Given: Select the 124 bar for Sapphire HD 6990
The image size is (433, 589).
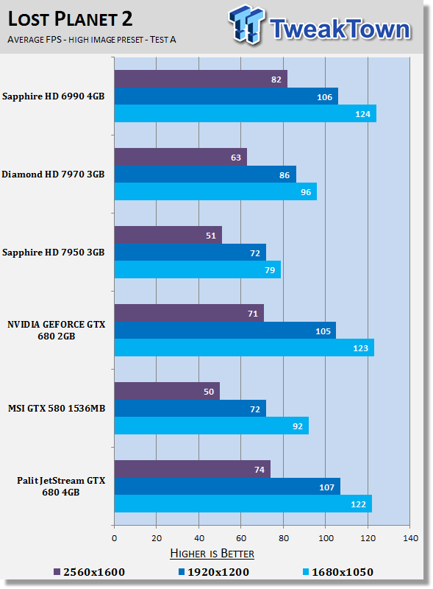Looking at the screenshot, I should [x=245, y=113].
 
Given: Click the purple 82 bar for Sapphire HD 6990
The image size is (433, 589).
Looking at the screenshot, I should [x=200, y=79].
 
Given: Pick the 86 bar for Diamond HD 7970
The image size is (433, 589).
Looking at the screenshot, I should [x=204, y=174].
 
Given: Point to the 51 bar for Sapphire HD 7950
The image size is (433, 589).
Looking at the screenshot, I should [x=168, y=235].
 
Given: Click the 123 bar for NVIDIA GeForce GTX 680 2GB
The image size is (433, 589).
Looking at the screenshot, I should [x=243, y=348].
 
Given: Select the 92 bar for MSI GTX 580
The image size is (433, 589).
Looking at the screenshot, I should [x=211, y=426].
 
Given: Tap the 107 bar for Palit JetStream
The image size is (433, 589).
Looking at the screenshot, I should [x=226, y=486].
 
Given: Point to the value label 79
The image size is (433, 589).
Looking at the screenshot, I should [x=270, y=269].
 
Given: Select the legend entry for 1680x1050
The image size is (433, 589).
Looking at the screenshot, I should [x=337, y=571].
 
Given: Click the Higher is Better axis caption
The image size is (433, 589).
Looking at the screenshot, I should [x=212, y=553].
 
